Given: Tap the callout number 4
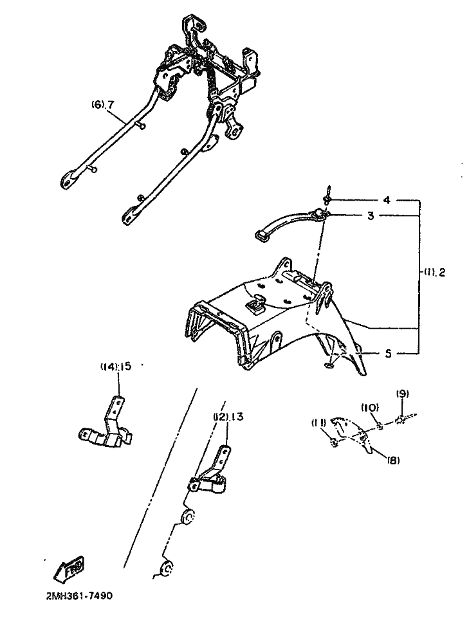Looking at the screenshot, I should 387,200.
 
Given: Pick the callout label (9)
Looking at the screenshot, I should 402,393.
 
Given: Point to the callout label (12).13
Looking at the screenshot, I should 229,416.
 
